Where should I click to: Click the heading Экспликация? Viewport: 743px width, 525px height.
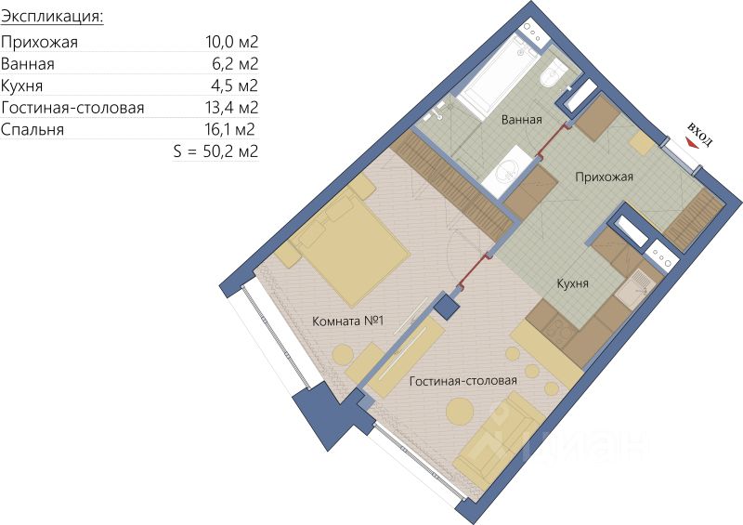point(52,18)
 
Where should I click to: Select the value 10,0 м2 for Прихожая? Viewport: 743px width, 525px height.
point(231,42)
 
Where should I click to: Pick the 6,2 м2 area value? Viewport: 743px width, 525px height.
point(235,64)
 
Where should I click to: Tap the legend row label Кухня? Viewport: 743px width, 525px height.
point(21,86)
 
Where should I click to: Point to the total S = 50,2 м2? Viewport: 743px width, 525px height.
point(215,151)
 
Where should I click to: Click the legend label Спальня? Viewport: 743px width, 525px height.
point(33,130)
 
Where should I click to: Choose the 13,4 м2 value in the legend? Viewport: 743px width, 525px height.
point(231,108)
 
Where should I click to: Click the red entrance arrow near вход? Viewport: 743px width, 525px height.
point(692,142)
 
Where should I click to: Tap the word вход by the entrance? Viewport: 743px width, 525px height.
point(700,134)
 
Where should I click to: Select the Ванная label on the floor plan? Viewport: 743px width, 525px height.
point(521,120)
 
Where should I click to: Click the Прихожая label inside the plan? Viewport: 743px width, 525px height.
point(605,177)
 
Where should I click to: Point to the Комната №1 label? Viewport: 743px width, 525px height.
point(347,322)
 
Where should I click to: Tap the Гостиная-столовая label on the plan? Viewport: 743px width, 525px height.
point(463,381)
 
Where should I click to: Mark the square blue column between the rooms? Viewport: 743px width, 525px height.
point(447,306)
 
